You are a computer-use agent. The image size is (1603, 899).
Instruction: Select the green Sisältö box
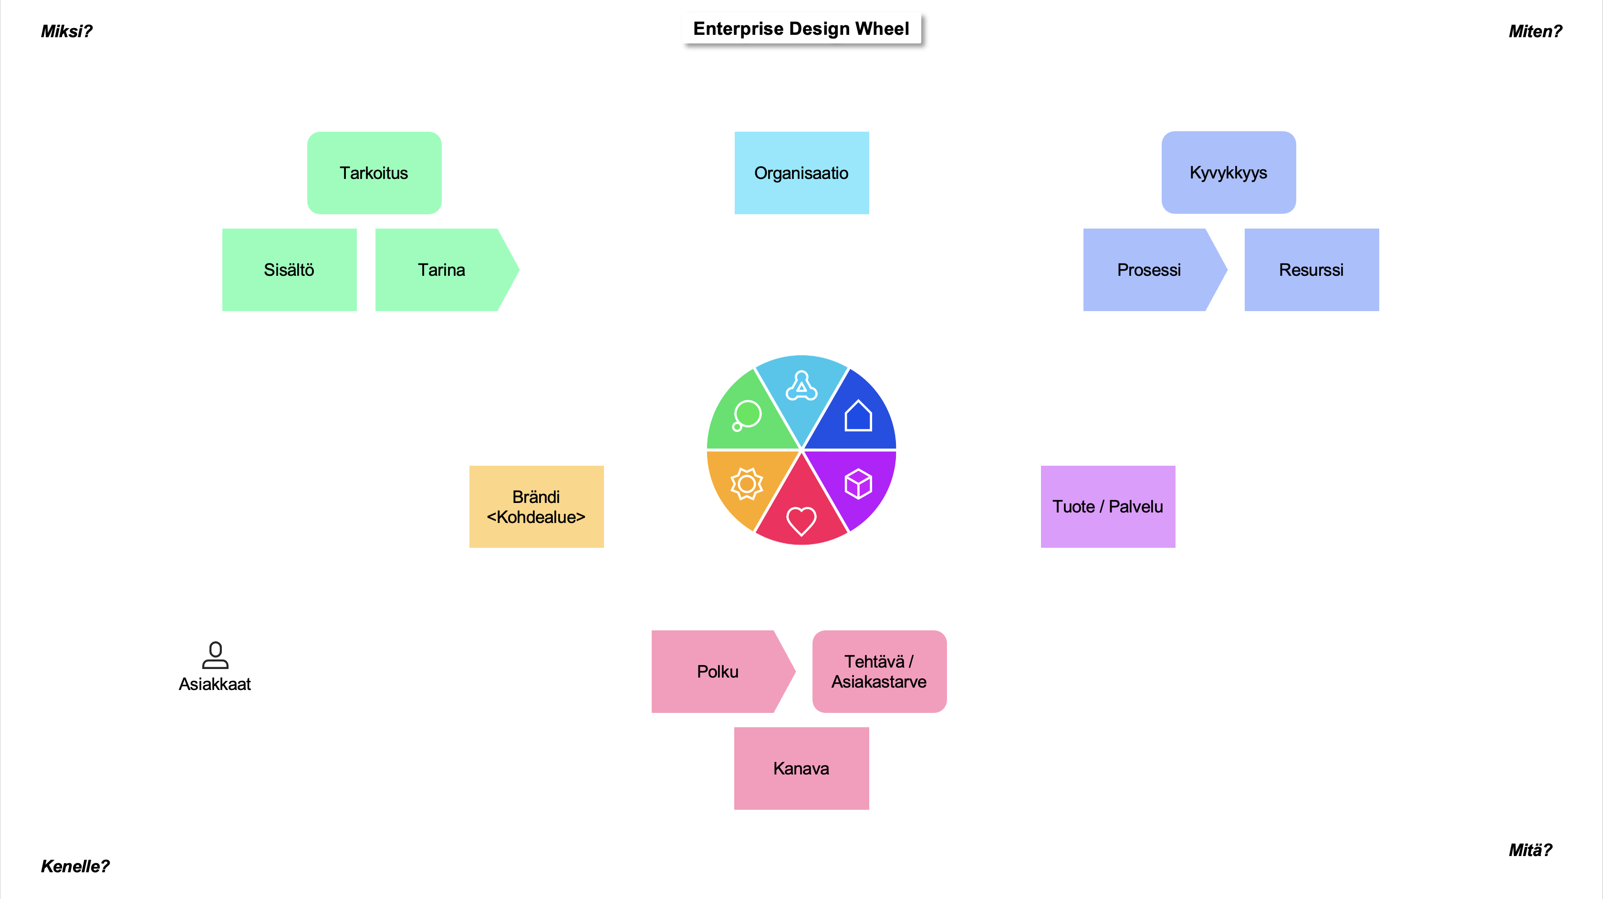tap(290, 270)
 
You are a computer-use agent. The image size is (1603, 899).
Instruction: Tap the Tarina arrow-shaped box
tap(442, 270)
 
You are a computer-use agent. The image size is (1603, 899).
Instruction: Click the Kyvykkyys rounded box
tap(1228, 172)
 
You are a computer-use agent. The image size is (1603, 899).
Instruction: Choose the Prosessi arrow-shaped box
tap(1149, 270)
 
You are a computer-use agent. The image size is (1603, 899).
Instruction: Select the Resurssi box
tap(1311, 270)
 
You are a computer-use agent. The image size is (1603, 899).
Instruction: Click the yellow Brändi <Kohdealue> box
tap(536, 507)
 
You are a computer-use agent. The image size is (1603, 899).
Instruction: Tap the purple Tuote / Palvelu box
tap(1108, 507)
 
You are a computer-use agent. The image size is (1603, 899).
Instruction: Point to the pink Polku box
tap(718, 671)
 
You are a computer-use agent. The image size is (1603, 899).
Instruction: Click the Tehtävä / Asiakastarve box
tap(879, 671)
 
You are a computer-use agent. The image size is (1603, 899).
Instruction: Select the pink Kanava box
tap(801, 768)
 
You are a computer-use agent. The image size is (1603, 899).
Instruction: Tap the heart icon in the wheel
tap(801, 521)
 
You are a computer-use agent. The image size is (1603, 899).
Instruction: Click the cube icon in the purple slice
tap(858, 484)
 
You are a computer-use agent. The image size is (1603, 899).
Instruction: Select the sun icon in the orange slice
tap(746, 484)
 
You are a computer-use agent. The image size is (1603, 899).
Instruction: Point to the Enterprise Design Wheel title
tap(801, 29)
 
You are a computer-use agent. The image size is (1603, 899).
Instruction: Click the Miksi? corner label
tap(66, 31)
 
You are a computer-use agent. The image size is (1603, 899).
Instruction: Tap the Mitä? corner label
tap(1530, 850)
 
